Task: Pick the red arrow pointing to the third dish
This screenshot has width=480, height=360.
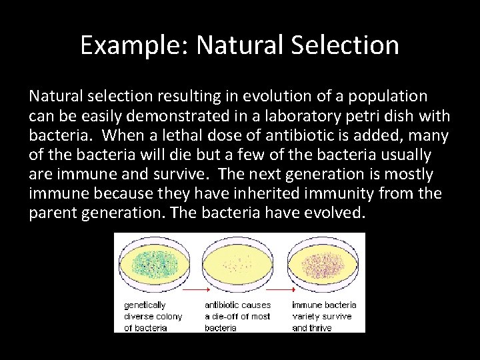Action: click(x=281, y=291)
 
